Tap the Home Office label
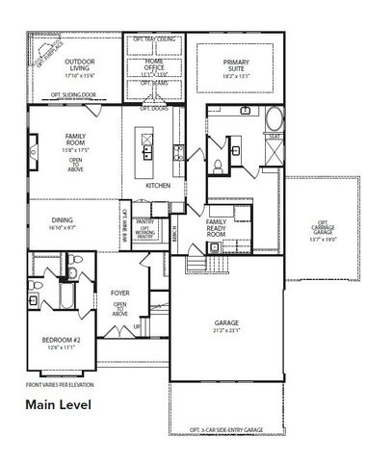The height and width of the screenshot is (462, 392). click(x=153, y=64)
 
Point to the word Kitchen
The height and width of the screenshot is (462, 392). click(x=159, y=185)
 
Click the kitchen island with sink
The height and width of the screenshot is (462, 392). click(x=146, y=145)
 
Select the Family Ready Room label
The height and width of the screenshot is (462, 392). click(x=217, y=228)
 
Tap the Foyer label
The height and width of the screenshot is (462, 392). click(x=120, y=293)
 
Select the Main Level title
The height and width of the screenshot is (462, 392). click(x=59, y=404)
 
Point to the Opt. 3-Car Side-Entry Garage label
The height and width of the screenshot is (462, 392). click(x=226, y=428)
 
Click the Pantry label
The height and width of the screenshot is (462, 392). click(x=144, y=195)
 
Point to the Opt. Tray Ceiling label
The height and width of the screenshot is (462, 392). click(x=154, y=38)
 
